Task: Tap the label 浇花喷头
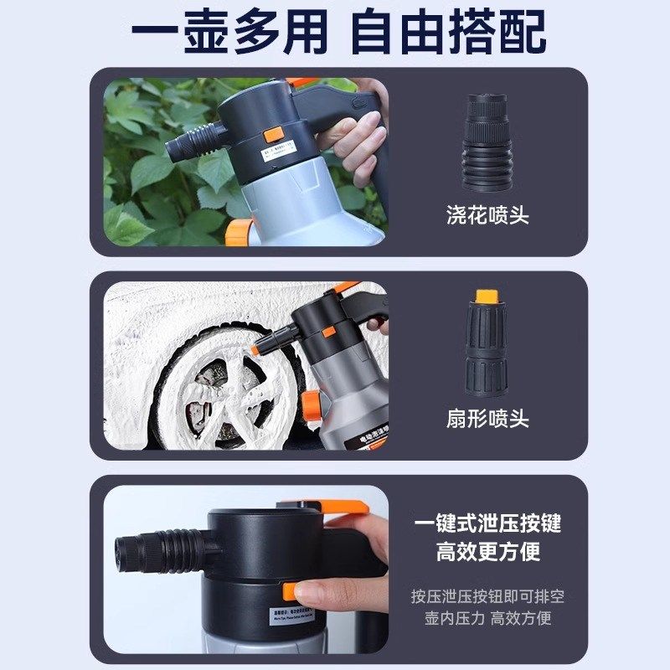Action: coord(487,215)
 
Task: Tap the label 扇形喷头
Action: coord(487,419)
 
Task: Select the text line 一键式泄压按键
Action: coord(487,524)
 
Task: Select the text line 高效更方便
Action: coord(487,552)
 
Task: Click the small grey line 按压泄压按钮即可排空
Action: coord(487,596)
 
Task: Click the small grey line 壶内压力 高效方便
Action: coord(487,619)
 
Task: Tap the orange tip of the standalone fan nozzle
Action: coord(484,296)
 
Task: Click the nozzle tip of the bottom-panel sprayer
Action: coord(126,551)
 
